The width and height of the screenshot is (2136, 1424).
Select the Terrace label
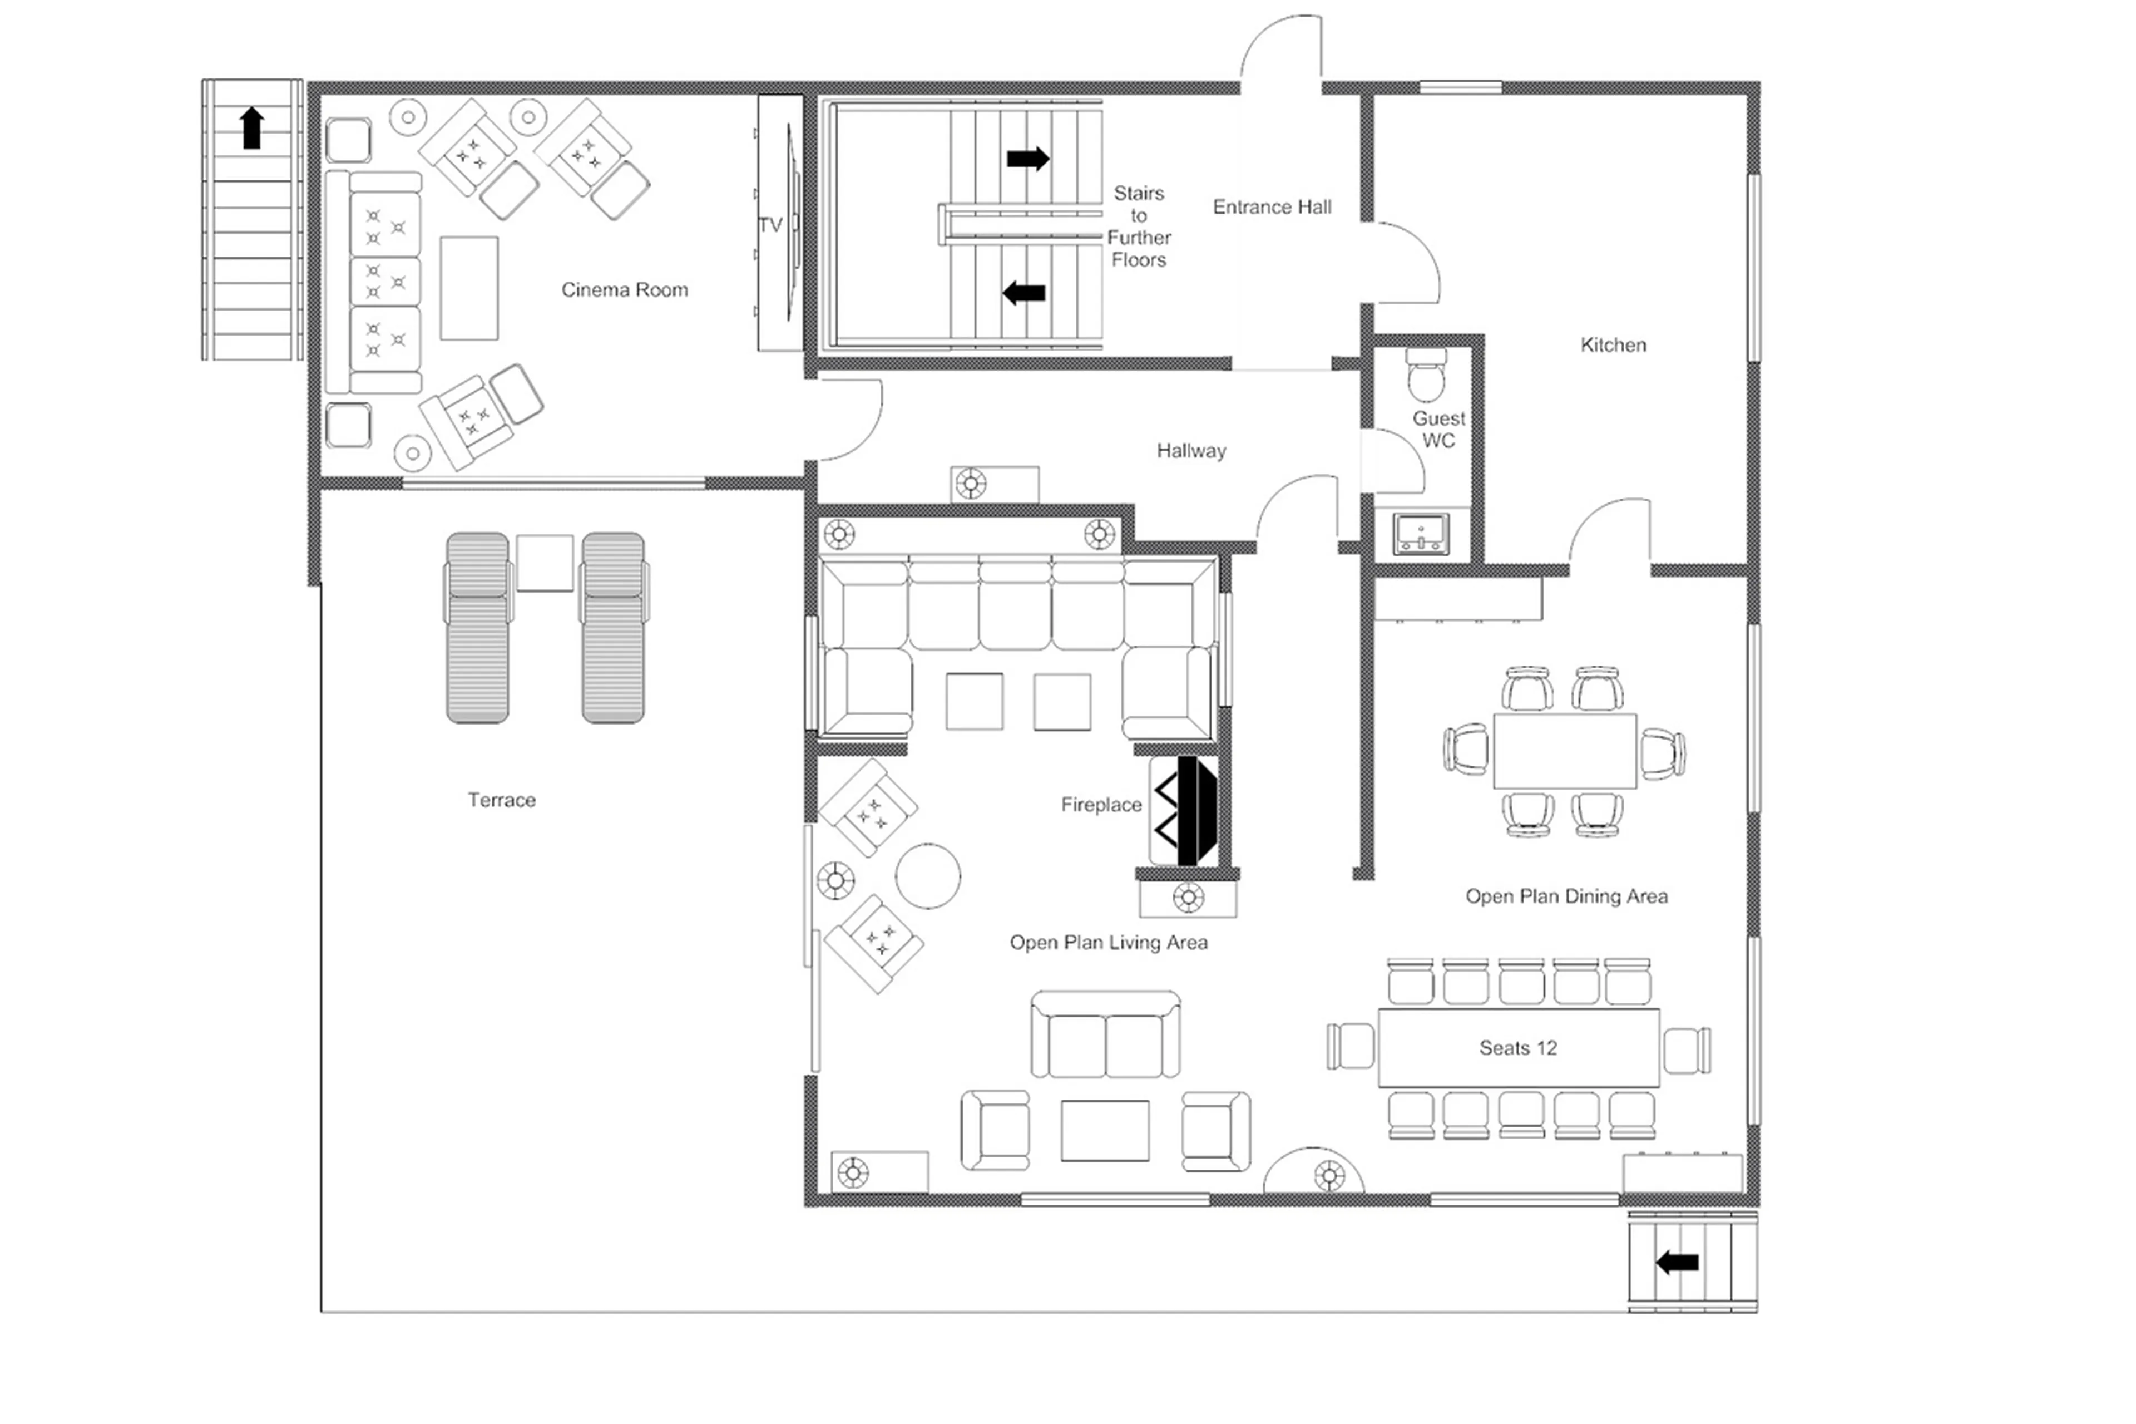tap(501, 800)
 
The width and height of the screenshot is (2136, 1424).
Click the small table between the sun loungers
tap(545, 563)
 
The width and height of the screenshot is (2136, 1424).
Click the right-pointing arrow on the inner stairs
tap(1027, 159)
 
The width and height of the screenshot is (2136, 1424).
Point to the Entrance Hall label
tap(1271, 207)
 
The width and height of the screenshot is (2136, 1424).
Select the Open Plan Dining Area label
tap(1566, 896)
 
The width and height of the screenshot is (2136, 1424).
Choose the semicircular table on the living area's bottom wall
tap(1313, 1174)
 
